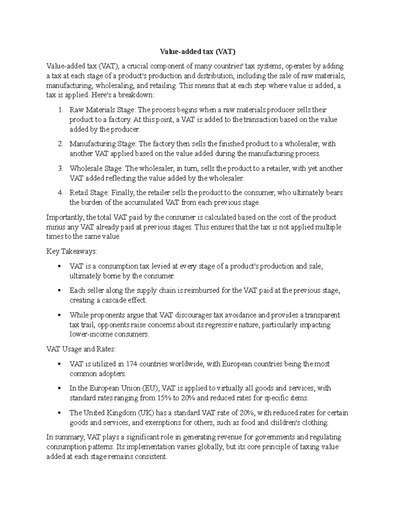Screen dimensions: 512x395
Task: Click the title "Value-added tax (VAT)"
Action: point(197,52)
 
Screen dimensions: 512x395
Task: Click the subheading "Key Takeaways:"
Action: point(72,252)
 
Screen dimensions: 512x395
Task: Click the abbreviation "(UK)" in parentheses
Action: point(145,413)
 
